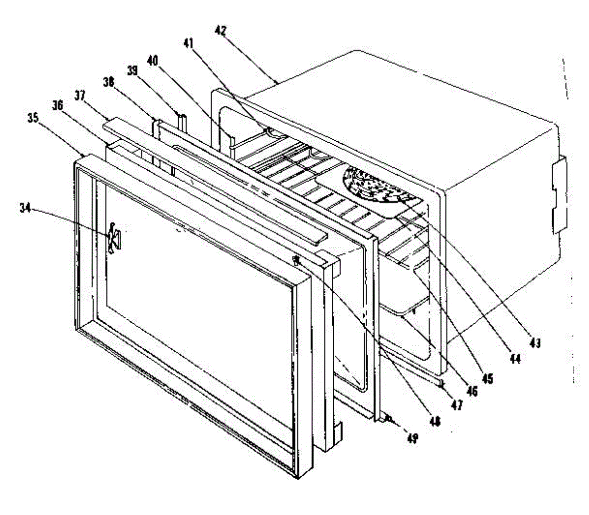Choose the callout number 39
point(132,71)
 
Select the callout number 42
point(220,30)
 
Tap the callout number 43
point(535,343)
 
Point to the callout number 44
point(515,360)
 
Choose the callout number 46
point(472,391)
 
